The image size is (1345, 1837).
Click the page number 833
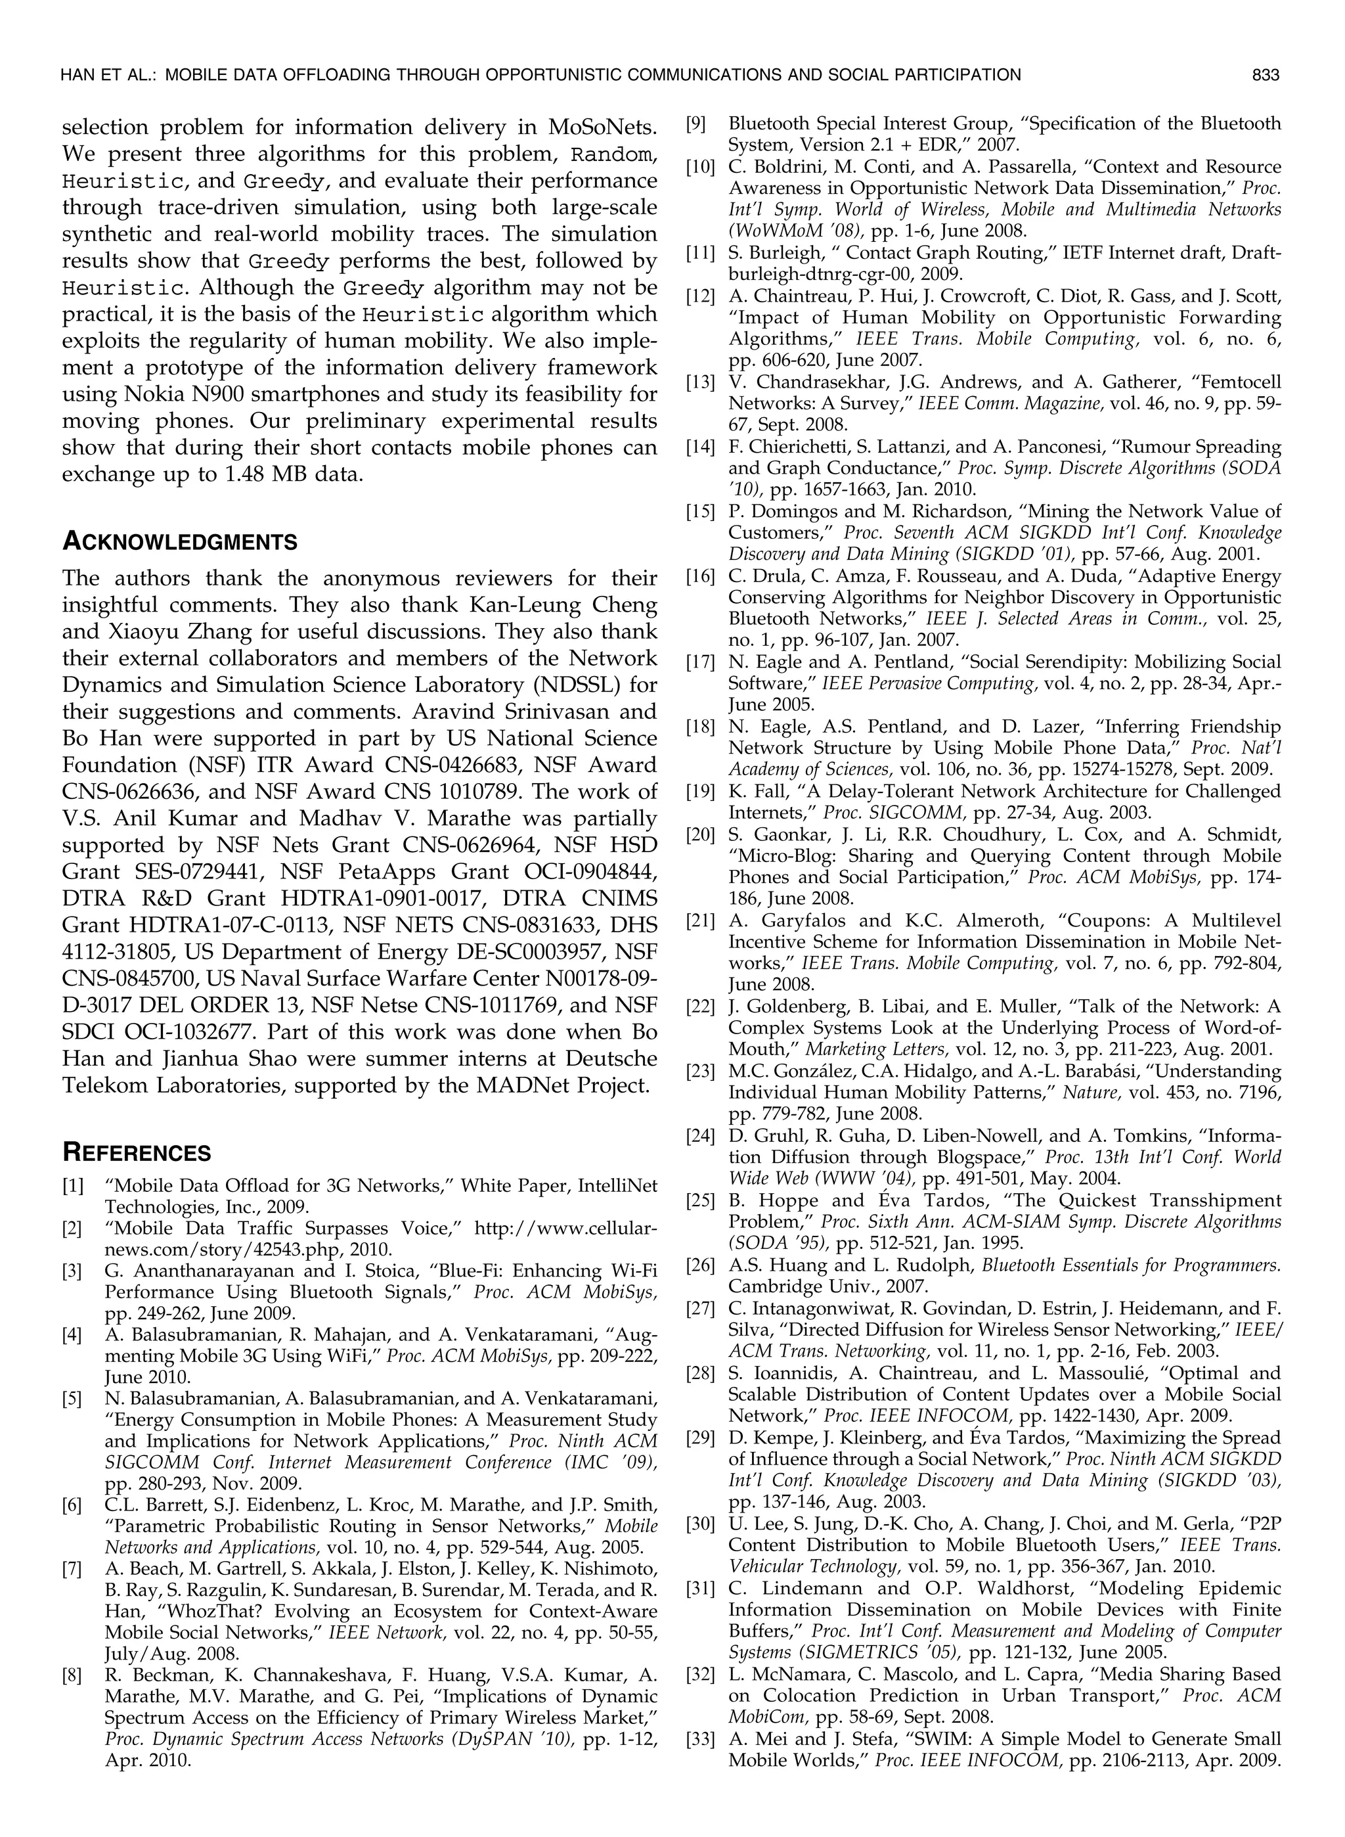click(x=1266, y=76)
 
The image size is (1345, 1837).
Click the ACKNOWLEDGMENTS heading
click(x=179, y=541)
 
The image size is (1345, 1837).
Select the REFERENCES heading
click(x=136, y=1153)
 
